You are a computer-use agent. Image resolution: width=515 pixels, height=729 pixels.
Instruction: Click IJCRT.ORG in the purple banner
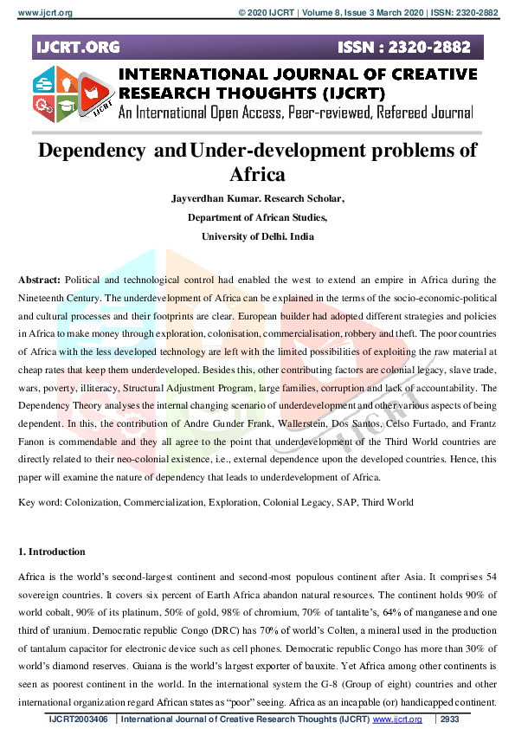(x=79, y=47)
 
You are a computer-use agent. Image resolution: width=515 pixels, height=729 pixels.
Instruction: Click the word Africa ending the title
(x=257, y=175)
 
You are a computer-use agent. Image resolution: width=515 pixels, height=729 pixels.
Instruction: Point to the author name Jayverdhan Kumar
(x=211, y=198)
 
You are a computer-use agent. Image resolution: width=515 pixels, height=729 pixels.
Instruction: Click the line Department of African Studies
(x=257, y=217)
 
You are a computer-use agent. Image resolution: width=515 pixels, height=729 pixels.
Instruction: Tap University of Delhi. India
(x=257, y=236)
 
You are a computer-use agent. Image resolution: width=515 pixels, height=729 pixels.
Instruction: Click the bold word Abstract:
(x=39, y=281)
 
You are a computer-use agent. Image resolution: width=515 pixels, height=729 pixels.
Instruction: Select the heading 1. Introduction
(x=52, y=552)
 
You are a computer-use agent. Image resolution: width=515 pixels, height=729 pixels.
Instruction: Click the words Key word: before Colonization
(x=42, y=502)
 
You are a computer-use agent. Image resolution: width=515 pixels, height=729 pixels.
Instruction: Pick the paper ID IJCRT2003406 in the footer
(x=79, y=719)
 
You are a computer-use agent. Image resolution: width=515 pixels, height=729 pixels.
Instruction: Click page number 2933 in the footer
(x=450, y=719)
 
